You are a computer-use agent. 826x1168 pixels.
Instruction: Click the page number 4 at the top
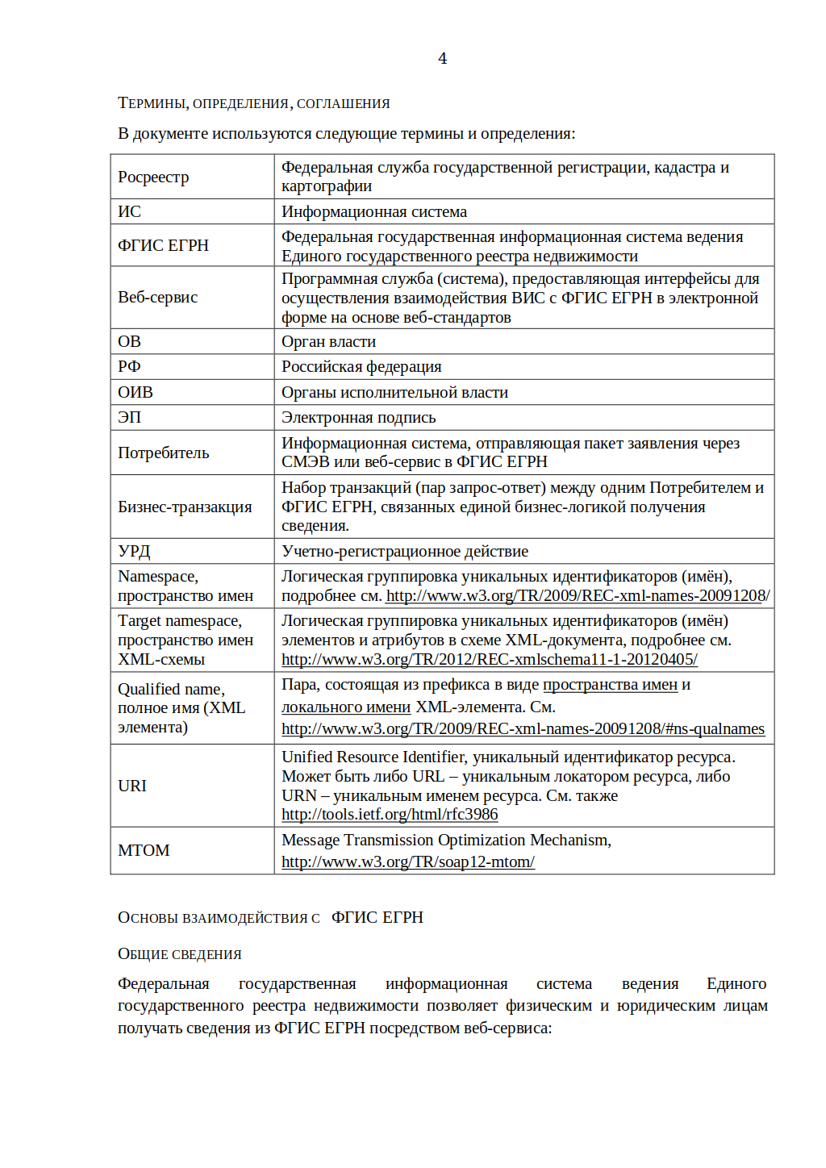tap(442, 58)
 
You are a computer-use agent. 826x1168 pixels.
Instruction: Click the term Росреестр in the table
tap(153, 177)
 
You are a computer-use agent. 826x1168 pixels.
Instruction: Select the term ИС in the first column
tap(129, 211)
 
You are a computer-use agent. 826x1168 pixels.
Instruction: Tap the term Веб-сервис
tap(157, 297)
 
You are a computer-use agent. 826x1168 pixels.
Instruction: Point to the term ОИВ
tap(135, 392)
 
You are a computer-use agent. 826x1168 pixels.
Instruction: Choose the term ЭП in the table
tap(129, 417)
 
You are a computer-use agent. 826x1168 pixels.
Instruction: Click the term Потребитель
tap(163, 453)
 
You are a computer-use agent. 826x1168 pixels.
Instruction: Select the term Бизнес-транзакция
tap(185, 507)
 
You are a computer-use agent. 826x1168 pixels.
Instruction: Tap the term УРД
tap(134, 551)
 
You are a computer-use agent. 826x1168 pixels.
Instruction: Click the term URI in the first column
tap(132, 786)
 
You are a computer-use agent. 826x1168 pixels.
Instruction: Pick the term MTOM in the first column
tap(144, 850)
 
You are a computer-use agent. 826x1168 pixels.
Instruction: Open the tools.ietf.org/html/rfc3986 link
tap(390, 814)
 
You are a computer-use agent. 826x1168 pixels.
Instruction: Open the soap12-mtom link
tap(407, 861)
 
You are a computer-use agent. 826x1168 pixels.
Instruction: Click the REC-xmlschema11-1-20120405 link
tap(489, 659)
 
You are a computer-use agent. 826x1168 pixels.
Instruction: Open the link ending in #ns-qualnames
tap(523, 728)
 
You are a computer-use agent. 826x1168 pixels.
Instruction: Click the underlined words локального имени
tap(345, 707)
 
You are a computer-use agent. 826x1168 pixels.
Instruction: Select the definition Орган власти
tap(328, 341)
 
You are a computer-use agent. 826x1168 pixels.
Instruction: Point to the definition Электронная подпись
tap(358, 417)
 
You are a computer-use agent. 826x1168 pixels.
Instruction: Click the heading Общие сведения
tap(179, 953)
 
